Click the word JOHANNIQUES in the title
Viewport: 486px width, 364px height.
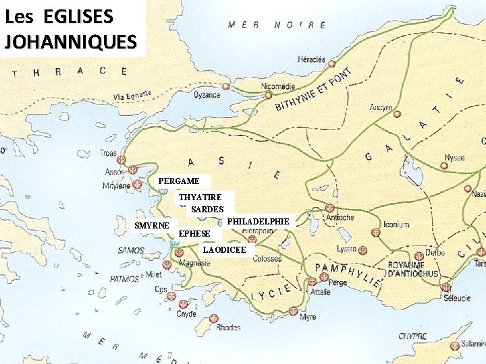tap(70, 41)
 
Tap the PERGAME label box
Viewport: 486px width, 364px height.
tap(179, 181)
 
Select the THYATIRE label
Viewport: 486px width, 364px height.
tap(200, 197)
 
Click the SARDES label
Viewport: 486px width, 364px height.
tap(207, 210)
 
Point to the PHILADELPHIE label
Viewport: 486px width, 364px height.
tap(258, 221)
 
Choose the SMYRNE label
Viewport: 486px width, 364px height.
tap(152, 225)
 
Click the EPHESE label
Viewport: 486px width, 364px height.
tap(194, 234)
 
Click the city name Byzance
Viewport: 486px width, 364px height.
tap(207, 95)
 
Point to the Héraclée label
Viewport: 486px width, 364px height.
tap(311, 59)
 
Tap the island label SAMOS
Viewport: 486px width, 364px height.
tap(131, 251)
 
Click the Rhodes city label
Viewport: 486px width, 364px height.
tap(228, 328)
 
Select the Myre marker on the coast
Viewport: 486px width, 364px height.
tap(293, 311)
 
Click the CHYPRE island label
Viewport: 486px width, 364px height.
tap(412, 336)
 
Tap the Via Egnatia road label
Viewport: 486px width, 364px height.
tap(132, 95)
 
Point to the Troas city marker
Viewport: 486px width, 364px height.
tap(122, 161)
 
